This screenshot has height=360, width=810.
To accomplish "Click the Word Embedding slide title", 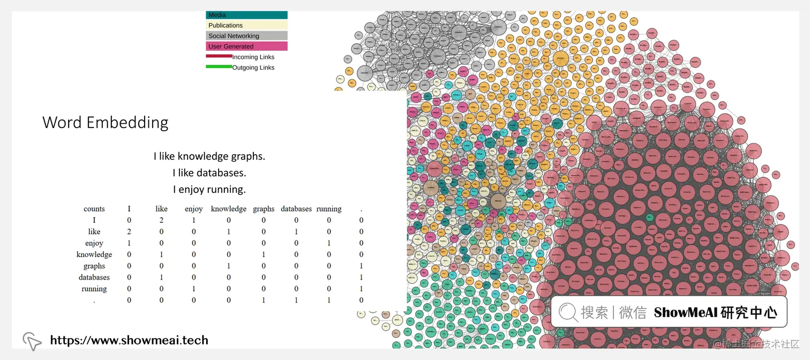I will point(105,123).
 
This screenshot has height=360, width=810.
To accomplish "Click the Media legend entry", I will point(246,15).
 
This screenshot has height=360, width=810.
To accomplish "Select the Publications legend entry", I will point(246,25).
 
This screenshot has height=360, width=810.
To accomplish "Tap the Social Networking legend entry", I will point(246,36).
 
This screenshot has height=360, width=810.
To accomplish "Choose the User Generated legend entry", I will point(246,47).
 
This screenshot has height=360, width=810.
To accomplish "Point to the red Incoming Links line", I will point(219,56).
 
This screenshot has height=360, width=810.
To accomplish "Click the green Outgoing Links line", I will point(219,66).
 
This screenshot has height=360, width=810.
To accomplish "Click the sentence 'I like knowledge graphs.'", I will point(209,156).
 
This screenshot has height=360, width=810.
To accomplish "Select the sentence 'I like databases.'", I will point(209,173).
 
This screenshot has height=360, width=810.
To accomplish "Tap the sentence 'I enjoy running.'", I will point(209,189).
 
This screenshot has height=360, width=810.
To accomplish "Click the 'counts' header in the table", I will point(94,209).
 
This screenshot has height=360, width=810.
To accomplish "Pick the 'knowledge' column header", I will point(229,209).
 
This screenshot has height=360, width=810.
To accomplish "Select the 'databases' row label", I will point(94,277).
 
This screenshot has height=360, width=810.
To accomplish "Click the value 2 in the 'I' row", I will point(161,220).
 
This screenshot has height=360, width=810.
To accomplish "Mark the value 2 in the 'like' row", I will point(129,232).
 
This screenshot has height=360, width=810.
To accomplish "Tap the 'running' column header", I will point(329,209).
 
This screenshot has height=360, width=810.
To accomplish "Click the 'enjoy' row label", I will point(94,243).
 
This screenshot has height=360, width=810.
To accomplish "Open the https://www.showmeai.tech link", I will point(129,340).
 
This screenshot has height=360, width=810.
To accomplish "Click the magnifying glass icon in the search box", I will point(567,312).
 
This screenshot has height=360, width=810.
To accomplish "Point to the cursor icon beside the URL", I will point(32,341).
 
